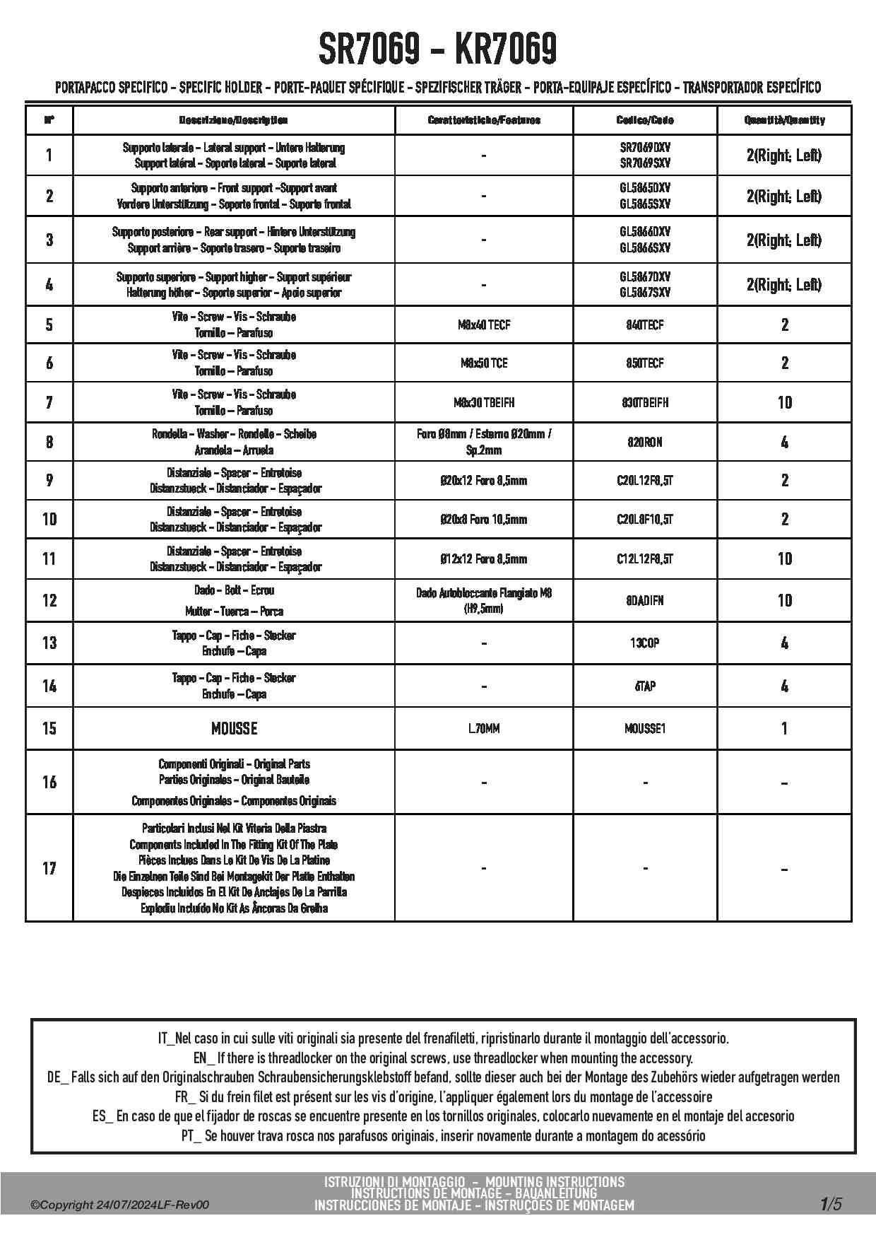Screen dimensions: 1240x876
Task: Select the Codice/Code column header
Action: point(644,120)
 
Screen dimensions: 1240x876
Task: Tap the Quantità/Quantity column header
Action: point(784,120)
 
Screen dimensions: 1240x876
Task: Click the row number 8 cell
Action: point(49,443)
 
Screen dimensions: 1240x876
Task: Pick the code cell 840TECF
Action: point(644,325)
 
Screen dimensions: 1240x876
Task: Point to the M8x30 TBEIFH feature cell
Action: point(484,403)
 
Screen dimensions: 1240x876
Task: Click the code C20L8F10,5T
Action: point(644,520)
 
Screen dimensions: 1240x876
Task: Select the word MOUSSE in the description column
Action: point(234,728)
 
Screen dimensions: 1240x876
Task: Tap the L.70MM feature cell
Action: point(484,728)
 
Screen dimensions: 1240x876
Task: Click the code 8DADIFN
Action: point(644,601)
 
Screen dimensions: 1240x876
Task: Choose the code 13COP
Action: point(644,643)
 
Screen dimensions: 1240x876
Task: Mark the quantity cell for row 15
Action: point(784,728)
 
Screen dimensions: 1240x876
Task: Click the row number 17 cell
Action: point(49,868)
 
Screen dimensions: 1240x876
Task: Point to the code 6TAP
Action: point(644,686)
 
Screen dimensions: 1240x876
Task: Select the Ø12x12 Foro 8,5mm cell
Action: point(484,559)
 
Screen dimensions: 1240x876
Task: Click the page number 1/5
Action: point(831,1204)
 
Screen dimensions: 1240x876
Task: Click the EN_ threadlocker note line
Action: point(443,1058)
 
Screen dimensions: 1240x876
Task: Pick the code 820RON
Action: point(644,443)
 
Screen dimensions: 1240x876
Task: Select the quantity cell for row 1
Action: point(784,156)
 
